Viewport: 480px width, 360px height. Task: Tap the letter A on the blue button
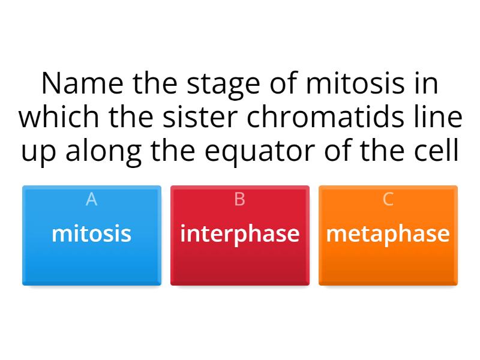[x=91, y=199]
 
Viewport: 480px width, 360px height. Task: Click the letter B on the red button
[x=239, y=199]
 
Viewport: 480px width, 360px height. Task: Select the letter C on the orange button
[x=388, y=199]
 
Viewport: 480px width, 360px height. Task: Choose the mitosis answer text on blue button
[x=91, y=233]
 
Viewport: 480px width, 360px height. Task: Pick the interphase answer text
[x=239, y=233]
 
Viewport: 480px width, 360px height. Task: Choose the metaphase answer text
[x=388, y=233]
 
